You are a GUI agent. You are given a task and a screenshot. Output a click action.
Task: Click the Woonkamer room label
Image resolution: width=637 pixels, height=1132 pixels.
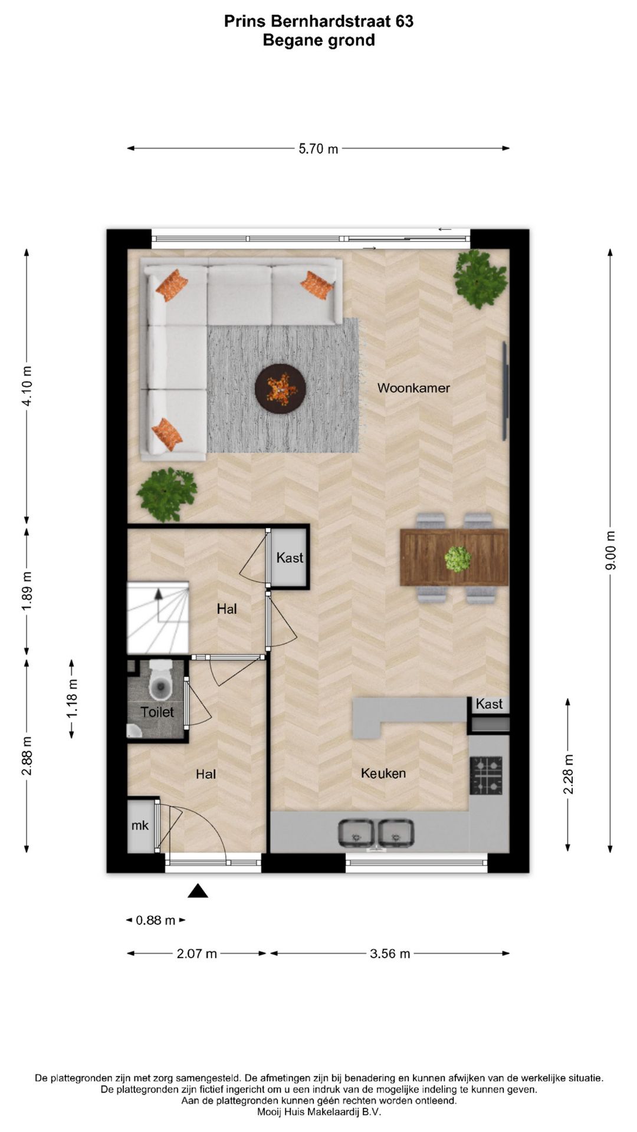click(413, 388)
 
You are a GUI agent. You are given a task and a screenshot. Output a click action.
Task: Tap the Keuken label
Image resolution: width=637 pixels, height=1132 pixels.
click(383, 773)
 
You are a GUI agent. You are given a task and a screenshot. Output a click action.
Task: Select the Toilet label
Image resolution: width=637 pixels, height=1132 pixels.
click(157, 712)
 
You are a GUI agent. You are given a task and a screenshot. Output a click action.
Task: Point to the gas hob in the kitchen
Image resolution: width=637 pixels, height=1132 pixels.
click(486, 775)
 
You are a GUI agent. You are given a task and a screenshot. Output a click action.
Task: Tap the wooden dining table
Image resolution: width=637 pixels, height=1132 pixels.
click(454, 558)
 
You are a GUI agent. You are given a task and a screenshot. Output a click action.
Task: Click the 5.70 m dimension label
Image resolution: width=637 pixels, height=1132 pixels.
click(318, 149)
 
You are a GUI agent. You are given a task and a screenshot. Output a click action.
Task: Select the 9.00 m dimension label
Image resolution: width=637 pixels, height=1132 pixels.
click(610, 550)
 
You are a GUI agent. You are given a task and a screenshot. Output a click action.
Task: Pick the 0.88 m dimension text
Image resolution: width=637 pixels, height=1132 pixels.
click(156, 920)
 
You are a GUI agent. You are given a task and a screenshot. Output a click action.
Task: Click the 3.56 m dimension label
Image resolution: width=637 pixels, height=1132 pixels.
click(390, 953)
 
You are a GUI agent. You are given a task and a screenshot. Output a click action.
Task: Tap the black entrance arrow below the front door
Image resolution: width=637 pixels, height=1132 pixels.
click(198, 891)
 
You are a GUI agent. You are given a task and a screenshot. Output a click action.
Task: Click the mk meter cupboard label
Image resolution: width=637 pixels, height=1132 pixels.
click(140, 825)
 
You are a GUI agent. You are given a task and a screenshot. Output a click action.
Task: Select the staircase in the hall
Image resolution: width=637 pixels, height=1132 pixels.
click(158, 618)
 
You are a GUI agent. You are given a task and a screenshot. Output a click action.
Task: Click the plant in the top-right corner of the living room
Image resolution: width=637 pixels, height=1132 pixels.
click(480, 278)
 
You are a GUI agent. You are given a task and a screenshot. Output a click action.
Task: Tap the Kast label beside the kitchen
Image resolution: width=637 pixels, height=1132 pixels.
click(489, 703)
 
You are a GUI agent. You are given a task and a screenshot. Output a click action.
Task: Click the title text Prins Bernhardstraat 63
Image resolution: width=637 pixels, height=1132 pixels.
click(318, 22)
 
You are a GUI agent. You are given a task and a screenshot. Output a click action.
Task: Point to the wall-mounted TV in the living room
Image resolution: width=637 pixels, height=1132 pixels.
click(505, 391)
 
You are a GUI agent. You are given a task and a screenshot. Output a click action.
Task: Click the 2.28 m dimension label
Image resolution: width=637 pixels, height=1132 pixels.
click(568, 774)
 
